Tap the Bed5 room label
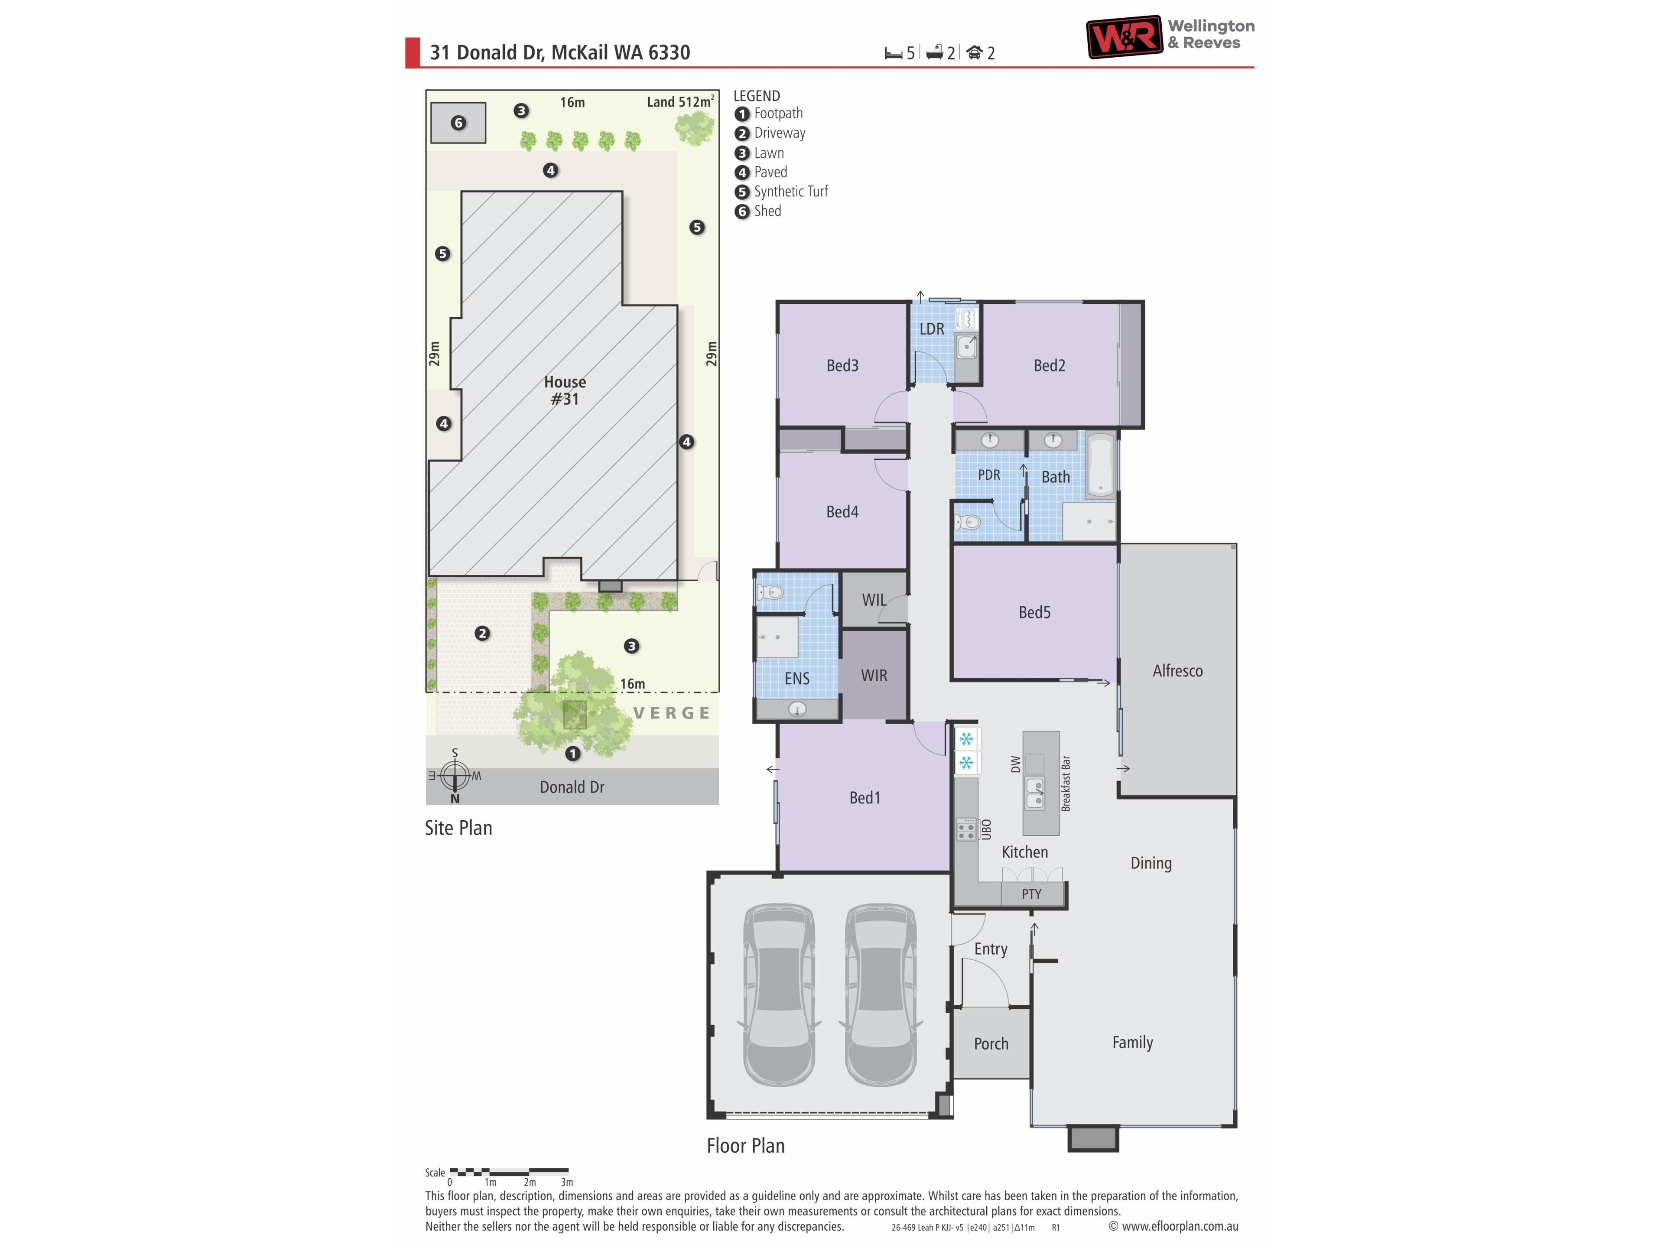1034,612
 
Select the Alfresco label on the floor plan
1177,671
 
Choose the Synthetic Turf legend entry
782,192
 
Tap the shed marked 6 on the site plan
458,123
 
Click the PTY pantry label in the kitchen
1031,894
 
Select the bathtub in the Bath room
1101,466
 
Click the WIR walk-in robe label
874,676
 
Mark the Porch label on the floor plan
991,1044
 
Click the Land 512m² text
680,101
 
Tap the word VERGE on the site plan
672,713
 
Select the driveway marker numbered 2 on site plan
482,634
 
